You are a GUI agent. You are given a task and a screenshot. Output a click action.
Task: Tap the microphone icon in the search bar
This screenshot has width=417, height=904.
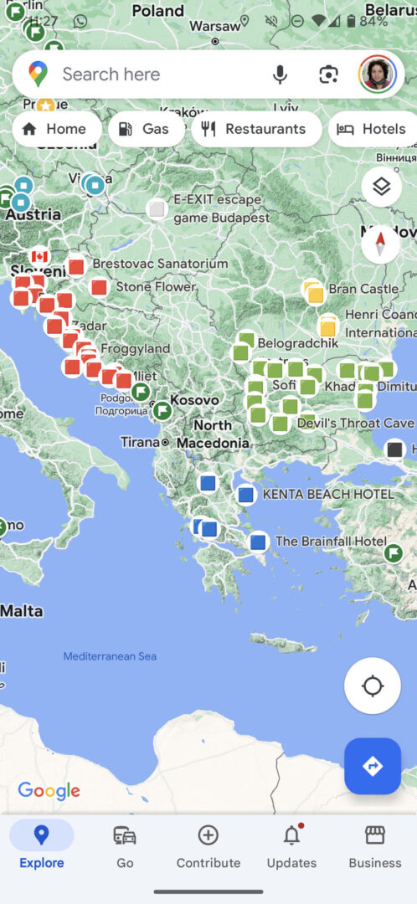(x=280, y=74)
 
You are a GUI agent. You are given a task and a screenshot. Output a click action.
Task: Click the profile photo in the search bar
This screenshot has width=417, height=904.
(x=377, y=74)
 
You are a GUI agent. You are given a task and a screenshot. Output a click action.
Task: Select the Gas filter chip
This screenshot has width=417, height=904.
(x=146, y=129)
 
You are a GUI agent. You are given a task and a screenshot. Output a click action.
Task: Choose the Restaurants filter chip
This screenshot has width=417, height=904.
(x=255, y=129)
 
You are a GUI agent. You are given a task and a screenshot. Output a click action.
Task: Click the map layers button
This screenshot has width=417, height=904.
(x=381, y=186)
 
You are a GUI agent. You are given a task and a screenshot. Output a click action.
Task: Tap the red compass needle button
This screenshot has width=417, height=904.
(x=381, y=244)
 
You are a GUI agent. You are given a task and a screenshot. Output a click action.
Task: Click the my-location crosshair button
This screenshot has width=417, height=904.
(x=373, y=686)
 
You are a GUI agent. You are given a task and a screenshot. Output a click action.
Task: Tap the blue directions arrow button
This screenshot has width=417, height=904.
(x=373, y=766)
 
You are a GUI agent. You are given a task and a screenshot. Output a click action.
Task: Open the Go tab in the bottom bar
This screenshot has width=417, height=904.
(x=125, y=845)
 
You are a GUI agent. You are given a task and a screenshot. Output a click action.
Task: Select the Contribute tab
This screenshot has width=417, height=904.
(x=208, y=845)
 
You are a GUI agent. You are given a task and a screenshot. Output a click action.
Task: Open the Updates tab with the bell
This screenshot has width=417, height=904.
(x=291, y=845)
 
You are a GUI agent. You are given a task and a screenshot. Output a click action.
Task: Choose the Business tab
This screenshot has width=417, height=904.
(x=374, y=845)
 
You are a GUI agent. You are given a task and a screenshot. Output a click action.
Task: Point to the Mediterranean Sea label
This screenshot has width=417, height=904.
(x=110, y=656)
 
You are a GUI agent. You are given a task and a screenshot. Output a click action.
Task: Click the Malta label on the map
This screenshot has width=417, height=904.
(x=22, y=611)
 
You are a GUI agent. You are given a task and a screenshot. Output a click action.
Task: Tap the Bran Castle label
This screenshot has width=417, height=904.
(x=363, y=289)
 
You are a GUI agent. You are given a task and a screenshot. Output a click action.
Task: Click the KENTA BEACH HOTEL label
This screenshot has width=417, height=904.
(x=328, y=495)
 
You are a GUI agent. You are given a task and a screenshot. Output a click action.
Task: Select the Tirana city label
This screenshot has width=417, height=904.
(x=139, y=442)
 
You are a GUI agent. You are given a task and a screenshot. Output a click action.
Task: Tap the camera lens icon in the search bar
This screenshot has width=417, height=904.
(x=328, y=74)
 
